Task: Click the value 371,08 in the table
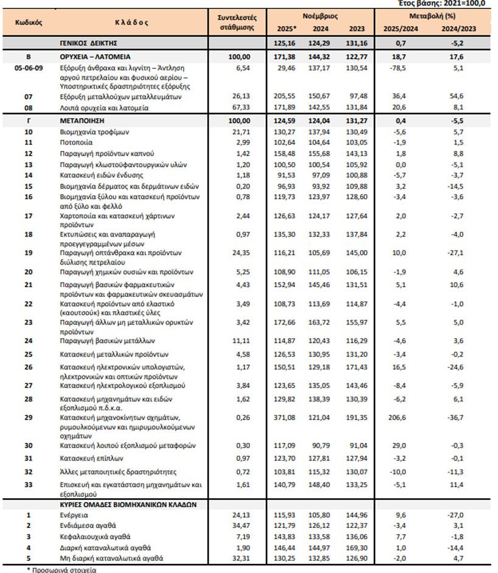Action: point(285,418)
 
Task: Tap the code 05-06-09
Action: point(28,68)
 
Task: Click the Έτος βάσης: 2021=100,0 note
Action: point(450,3)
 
